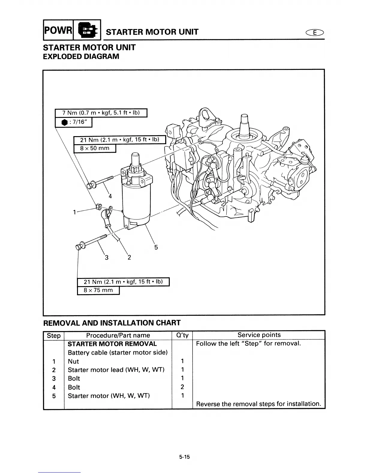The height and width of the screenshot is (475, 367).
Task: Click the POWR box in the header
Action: pos(58,30)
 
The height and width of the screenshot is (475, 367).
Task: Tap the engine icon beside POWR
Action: pos(87,30)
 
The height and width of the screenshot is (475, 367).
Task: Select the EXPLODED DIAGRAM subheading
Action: pos(81,56)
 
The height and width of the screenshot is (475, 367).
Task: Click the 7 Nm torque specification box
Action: pos(101,113)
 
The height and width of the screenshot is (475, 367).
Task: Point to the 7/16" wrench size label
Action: pos(73,123)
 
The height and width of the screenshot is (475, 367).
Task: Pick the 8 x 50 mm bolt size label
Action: pos(95,148)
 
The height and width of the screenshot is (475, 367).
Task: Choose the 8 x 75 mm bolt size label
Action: pos(98,290)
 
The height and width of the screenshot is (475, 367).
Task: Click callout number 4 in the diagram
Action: pos(110,196)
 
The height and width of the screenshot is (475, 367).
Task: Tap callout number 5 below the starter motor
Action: pos(156,247)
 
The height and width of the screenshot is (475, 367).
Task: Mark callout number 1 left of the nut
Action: pos(74,212)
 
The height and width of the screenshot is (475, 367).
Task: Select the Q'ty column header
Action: pos(182,335)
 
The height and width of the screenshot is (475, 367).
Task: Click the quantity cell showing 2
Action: pos(182,387)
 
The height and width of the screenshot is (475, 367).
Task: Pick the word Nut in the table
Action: pos(73,361)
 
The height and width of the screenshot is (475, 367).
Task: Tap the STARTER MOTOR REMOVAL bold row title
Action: pos(112,344)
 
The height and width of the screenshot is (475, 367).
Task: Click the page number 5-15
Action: pos(185,457)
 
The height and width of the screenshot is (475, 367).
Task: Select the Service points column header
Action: pos(259,335)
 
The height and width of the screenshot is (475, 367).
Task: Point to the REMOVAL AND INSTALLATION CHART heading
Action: pos(112,323)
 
